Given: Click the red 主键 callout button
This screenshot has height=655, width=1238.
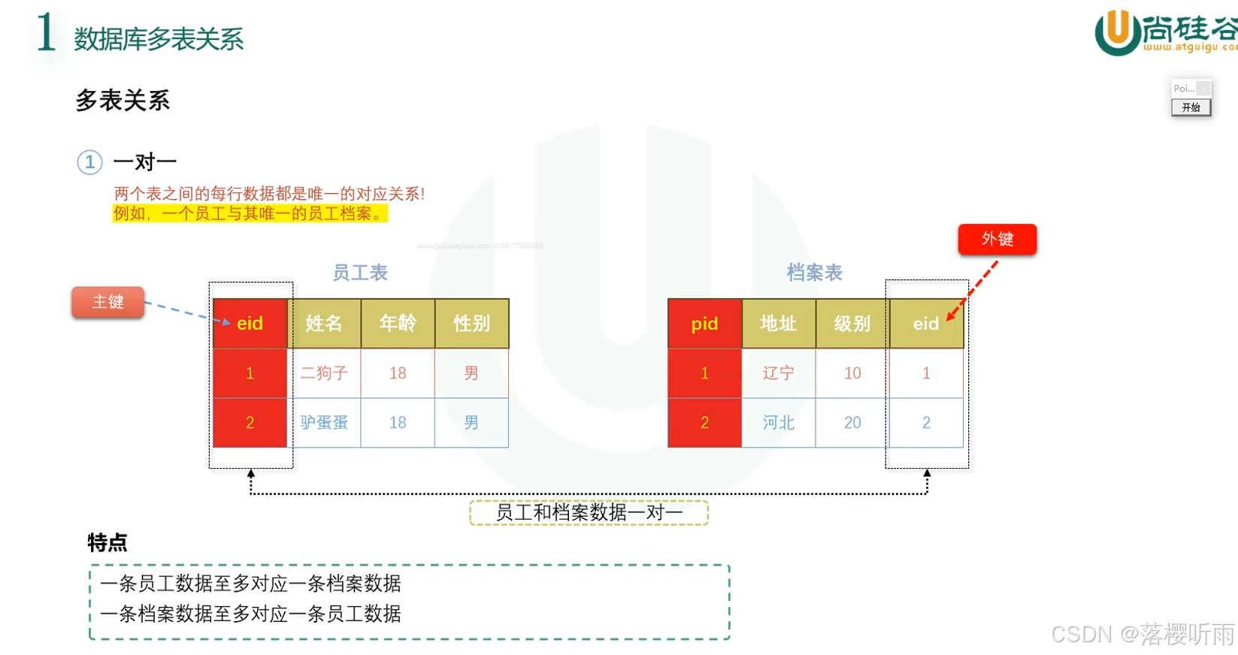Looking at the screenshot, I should pyautogui.click(x=107, y=302).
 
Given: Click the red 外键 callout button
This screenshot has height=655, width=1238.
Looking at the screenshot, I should pyautogui.click(x=997, y=239).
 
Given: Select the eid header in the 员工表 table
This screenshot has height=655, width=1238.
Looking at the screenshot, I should pyautogui.click(x=250, y=324).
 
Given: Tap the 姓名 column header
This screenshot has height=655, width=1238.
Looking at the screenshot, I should pyautogui.click(x=324, y=324).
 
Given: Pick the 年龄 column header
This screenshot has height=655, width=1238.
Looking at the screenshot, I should pyautogui.click(x=398, y=324).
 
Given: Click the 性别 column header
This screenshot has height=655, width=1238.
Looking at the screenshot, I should pyautogui.click(x=471, y=324).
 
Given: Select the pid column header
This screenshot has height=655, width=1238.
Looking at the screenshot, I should pyautogui.click(x=704, y=324).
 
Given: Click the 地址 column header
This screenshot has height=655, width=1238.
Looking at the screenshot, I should pyautogui.click(x=778, y=324).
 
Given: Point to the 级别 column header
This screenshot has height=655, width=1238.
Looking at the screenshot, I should pyautogui.click(x=852, y=324).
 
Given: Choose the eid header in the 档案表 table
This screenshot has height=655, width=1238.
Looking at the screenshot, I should pyautogui.click(x=925, y=324).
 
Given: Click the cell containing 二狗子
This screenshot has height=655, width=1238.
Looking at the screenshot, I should pyautogui.click(x=324, y=373).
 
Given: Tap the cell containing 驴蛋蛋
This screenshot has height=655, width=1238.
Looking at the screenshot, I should pyautogui.click(x=324, y=423).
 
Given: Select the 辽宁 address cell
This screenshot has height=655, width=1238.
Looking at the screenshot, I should pyautogui.click(x=778, y=373).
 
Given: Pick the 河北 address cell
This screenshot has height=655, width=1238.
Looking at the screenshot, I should pyautogui.click(x=778, y=423).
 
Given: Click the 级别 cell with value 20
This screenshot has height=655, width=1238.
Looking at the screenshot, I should pyautogui.click(x=852, y=423).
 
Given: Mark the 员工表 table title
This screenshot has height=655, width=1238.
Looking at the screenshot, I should pyautogui.click(x=360, y=273).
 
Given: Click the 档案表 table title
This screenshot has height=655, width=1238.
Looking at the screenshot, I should pyautogui.click(x=814, y=273).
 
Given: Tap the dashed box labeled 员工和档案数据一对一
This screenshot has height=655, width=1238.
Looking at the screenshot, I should pyautogui.click(x=589, y=512).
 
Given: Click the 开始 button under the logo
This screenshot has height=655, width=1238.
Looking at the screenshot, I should pyautogui.click(x=1191, y=107).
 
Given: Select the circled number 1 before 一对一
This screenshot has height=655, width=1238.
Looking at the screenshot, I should pyautogui.click(x=89, y=162).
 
